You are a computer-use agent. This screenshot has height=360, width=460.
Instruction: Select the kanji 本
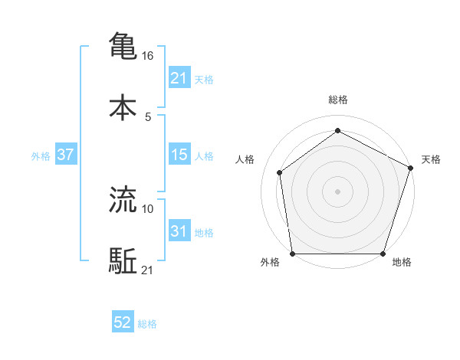click(123, 107)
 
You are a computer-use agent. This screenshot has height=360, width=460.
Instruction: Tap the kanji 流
click(123, 200)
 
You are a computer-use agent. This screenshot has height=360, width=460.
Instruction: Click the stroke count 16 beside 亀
click(149, 55)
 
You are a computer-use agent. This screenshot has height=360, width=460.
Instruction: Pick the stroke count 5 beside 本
click(148, 116)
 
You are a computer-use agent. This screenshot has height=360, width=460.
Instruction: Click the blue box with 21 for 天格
click(179, 78)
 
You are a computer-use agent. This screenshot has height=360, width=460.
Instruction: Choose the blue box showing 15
click(179, 155)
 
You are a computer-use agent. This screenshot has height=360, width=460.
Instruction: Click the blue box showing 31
click(179, 231)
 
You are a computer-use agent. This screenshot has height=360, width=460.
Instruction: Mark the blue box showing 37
click(66, 155)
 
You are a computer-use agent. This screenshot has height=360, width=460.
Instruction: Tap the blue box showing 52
click(123, 323)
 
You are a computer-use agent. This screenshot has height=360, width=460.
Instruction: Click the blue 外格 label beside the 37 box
click(41, 155)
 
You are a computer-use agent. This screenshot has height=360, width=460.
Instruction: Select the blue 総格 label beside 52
click(147, 324)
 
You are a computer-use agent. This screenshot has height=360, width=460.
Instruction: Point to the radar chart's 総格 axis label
click(338, 100)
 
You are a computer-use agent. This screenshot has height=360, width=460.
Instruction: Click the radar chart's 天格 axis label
click(431, 159)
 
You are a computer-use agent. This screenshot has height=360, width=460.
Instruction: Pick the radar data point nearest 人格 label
click(281, 172)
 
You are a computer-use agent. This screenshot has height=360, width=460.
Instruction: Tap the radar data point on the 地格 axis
click(383, 254)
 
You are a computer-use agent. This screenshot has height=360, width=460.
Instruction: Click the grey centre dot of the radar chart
click(338, 191)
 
